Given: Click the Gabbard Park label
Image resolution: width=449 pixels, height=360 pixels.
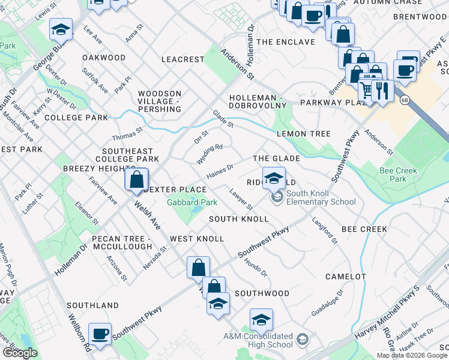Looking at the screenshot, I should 191,202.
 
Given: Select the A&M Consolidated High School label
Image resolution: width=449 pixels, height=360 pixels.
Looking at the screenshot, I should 258,340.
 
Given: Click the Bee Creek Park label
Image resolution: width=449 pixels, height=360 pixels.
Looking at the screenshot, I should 398,175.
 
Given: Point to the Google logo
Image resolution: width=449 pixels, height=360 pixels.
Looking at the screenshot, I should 20,353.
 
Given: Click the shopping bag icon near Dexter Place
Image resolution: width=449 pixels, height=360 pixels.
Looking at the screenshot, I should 137,178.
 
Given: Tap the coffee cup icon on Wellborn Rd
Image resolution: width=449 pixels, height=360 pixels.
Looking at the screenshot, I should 100,333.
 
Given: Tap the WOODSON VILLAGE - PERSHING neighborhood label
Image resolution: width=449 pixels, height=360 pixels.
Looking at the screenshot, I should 159,101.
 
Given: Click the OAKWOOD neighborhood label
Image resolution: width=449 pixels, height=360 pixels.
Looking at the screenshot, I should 103,58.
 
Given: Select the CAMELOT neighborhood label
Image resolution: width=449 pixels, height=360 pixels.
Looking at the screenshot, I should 345,277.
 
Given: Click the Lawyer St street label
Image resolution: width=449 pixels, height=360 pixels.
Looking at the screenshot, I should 241,199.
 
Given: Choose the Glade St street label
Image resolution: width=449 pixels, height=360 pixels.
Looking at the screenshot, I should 223,118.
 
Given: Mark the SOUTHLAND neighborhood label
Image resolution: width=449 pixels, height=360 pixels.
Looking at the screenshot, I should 92,305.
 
